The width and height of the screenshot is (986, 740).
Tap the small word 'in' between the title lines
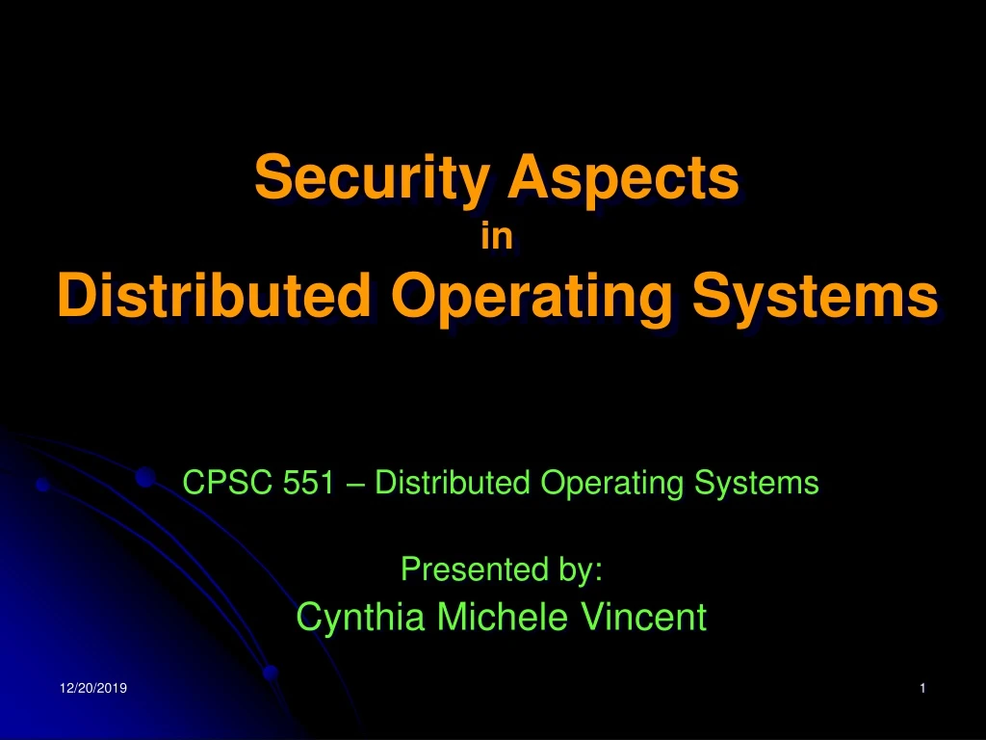coord(496,236)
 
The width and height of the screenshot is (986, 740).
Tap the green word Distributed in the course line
coord(453,482)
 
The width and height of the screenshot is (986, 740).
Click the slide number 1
coord(922,688)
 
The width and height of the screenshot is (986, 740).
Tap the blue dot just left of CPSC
coord(146,476)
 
